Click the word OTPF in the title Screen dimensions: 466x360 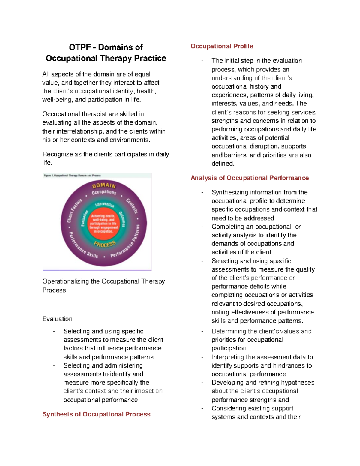[x=80, y=47]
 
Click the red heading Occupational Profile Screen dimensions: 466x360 [x=222, y=46]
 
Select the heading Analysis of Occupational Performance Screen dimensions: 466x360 [x=250, y=178]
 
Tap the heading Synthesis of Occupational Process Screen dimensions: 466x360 [x=96, y=414]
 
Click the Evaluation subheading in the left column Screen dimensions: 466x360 [x=57, y=319]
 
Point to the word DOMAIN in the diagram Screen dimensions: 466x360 [x=104, y=185]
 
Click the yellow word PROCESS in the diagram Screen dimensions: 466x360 [x=105, y=244]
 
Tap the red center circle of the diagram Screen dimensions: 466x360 [x=104, y=224]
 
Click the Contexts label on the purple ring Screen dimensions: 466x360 [x=132, y=206]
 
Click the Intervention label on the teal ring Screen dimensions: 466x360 [x=105, y=205]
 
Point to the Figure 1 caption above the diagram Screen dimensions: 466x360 [x=72, y=176]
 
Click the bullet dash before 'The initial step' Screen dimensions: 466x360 [x=202, y=61]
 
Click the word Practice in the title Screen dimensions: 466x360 [x=150, y=58]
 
